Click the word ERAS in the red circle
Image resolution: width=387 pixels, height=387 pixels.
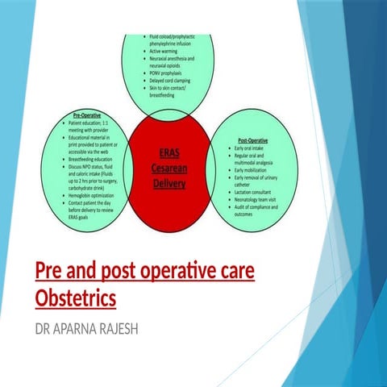(169, 153)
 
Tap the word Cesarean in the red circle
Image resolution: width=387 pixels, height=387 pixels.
(169, 168)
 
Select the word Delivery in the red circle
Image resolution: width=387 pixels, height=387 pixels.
(169, 183)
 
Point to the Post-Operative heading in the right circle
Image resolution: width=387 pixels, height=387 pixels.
(252, 140)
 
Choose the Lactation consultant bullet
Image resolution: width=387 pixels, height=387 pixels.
(256, 192)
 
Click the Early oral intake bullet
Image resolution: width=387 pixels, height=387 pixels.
(252, 148)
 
